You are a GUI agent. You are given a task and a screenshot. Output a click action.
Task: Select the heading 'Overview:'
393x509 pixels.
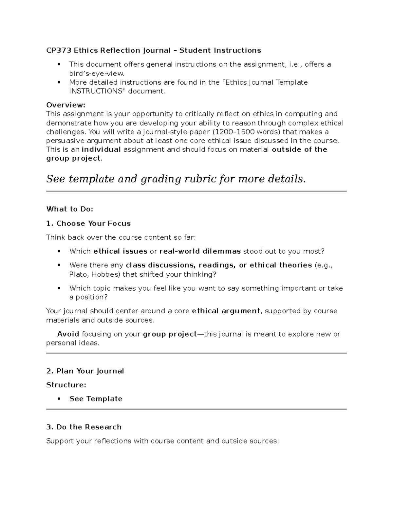(x=65, y=105)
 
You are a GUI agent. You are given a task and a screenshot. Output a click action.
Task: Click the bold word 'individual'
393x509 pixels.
(x=101, y=150)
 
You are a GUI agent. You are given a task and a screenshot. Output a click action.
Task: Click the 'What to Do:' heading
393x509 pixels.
(x=70, y=209)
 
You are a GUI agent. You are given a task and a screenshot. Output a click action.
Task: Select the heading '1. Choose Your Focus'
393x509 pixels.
(x=88, y=224)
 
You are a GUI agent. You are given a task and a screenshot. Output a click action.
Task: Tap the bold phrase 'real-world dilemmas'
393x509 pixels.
(x=200, y=251)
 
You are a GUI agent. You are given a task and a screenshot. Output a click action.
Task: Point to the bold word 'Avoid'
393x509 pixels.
(x=68, y=334)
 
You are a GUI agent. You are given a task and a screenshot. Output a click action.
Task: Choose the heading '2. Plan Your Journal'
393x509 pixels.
(x=85, y=371)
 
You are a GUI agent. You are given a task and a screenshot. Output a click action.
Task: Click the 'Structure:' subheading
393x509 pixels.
(x=66, y=385)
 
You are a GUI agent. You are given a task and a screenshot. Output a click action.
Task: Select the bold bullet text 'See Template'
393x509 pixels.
(x=96, y=399)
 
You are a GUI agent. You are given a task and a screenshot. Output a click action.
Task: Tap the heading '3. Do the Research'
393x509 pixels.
(x=84, y=427)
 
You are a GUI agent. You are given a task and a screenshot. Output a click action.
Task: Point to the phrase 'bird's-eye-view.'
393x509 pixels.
(x=97, y=73)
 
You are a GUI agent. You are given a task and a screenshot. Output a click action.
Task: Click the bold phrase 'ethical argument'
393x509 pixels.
(x=226, y=311)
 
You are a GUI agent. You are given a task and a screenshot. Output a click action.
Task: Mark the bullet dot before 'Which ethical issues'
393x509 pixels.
(x=59, y=251)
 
